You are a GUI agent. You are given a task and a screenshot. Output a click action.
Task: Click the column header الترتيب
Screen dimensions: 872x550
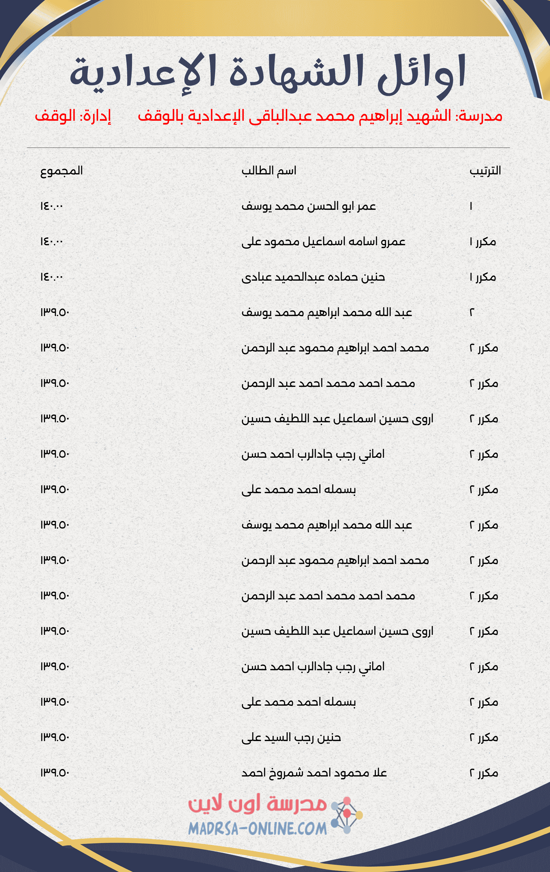pos(485,171)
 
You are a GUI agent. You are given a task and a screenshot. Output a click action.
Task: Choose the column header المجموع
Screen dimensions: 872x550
pos(61,171)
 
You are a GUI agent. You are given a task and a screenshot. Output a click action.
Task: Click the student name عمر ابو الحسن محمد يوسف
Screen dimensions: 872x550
pos(309,206)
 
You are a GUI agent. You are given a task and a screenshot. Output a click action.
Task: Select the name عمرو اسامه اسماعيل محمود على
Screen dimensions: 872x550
pos(323,241)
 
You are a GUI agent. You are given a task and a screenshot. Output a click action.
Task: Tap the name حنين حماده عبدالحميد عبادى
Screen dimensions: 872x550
pos(313,277)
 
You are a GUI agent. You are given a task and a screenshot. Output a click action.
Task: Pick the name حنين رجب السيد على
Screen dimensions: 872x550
pos(291,738)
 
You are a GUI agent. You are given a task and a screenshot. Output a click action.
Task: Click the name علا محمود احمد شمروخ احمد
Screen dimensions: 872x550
pos(314,773)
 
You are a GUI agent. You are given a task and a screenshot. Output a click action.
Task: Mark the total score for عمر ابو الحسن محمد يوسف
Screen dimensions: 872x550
pos(52,206)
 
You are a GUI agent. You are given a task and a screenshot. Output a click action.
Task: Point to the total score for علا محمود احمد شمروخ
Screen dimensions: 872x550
pos(54,773)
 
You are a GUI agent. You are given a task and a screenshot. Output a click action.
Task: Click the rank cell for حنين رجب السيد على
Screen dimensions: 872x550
pos(483,738)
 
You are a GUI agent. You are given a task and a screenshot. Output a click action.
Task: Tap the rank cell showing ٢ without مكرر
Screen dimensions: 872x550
pos(472,313)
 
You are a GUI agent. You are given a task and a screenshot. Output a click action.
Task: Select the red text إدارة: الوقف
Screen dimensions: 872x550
pos(73,116)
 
